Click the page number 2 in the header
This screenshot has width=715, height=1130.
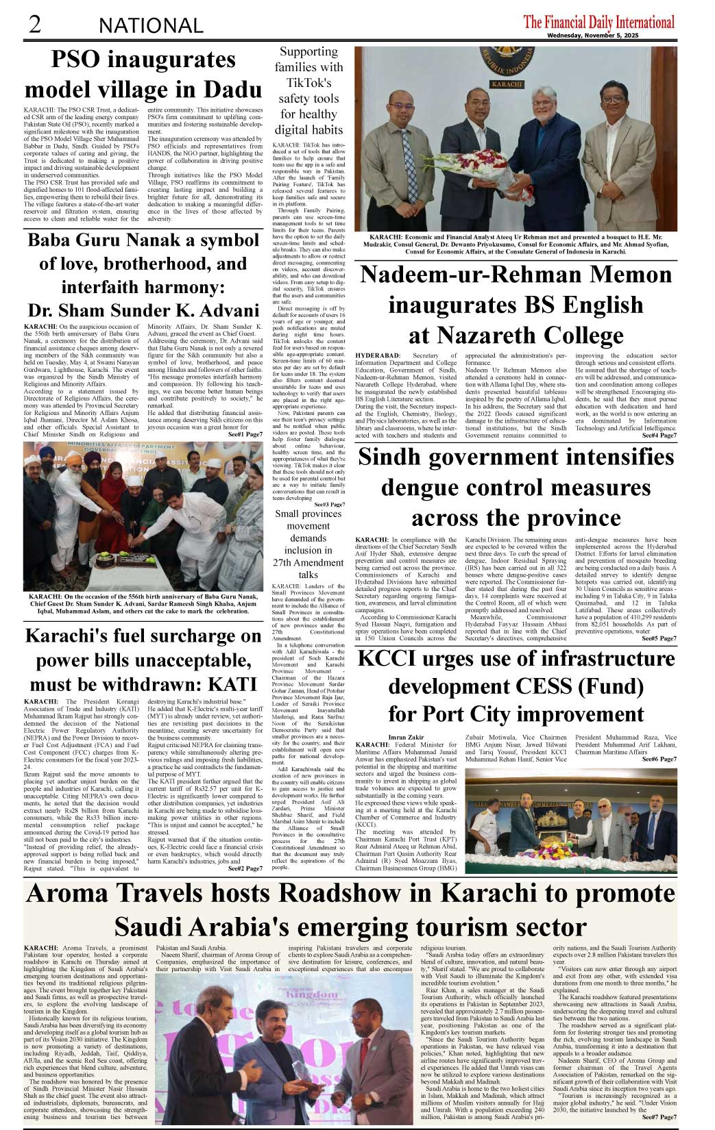tap(35, 24)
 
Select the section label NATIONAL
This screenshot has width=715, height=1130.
tap(151, 26)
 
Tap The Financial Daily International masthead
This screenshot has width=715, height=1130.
tap(598, 22)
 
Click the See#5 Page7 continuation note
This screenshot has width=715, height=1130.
tap(659, 638)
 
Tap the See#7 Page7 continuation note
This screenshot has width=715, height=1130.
tap(659, 1117)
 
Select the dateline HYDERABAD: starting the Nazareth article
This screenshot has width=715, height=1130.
tap(378, 355)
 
